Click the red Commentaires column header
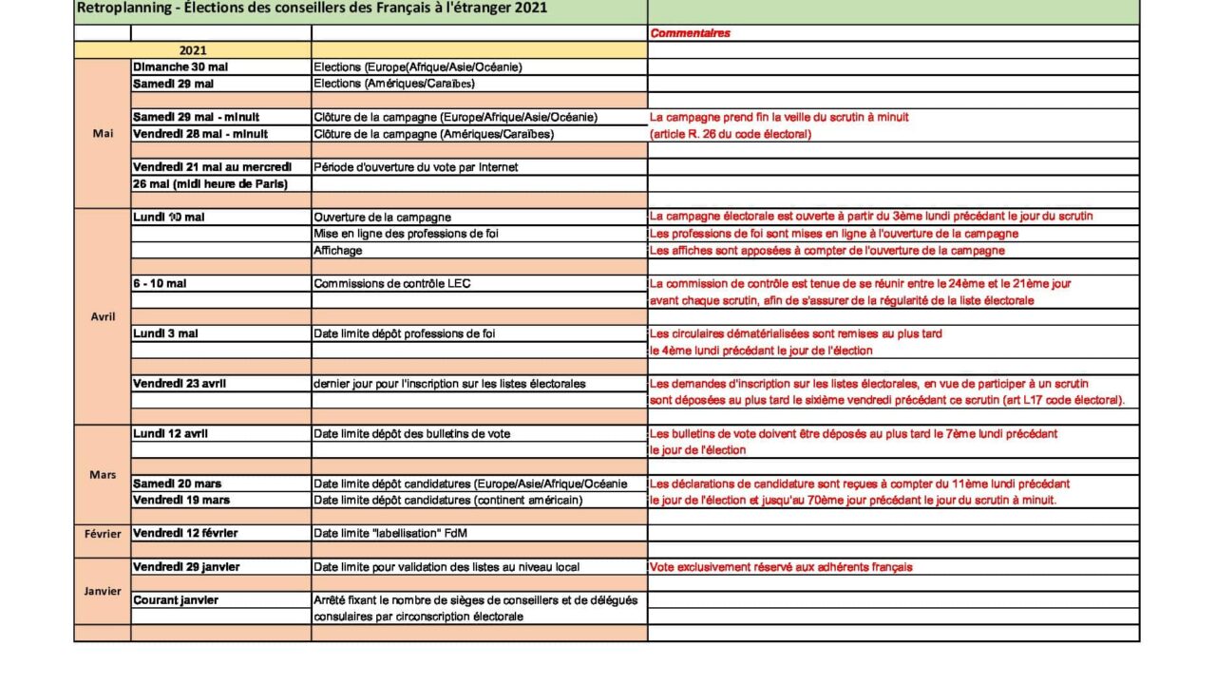click(690, 33)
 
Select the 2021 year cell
click(192, 50)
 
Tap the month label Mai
click(103, 134)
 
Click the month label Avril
click(103, 316)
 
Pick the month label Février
click(103, 534)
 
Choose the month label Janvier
click(103, 591)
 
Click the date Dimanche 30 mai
click(180, 67)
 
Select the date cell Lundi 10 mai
click(169, 217)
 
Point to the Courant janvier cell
click(176, 600)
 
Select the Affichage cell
click(338, 251)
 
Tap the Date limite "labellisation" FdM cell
click(390, 533)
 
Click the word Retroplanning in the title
click(114, 9)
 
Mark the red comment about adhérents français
click(781, 567)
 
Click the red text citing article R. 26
click(731, 134)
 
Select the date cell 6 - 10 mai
click(160, 283)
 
